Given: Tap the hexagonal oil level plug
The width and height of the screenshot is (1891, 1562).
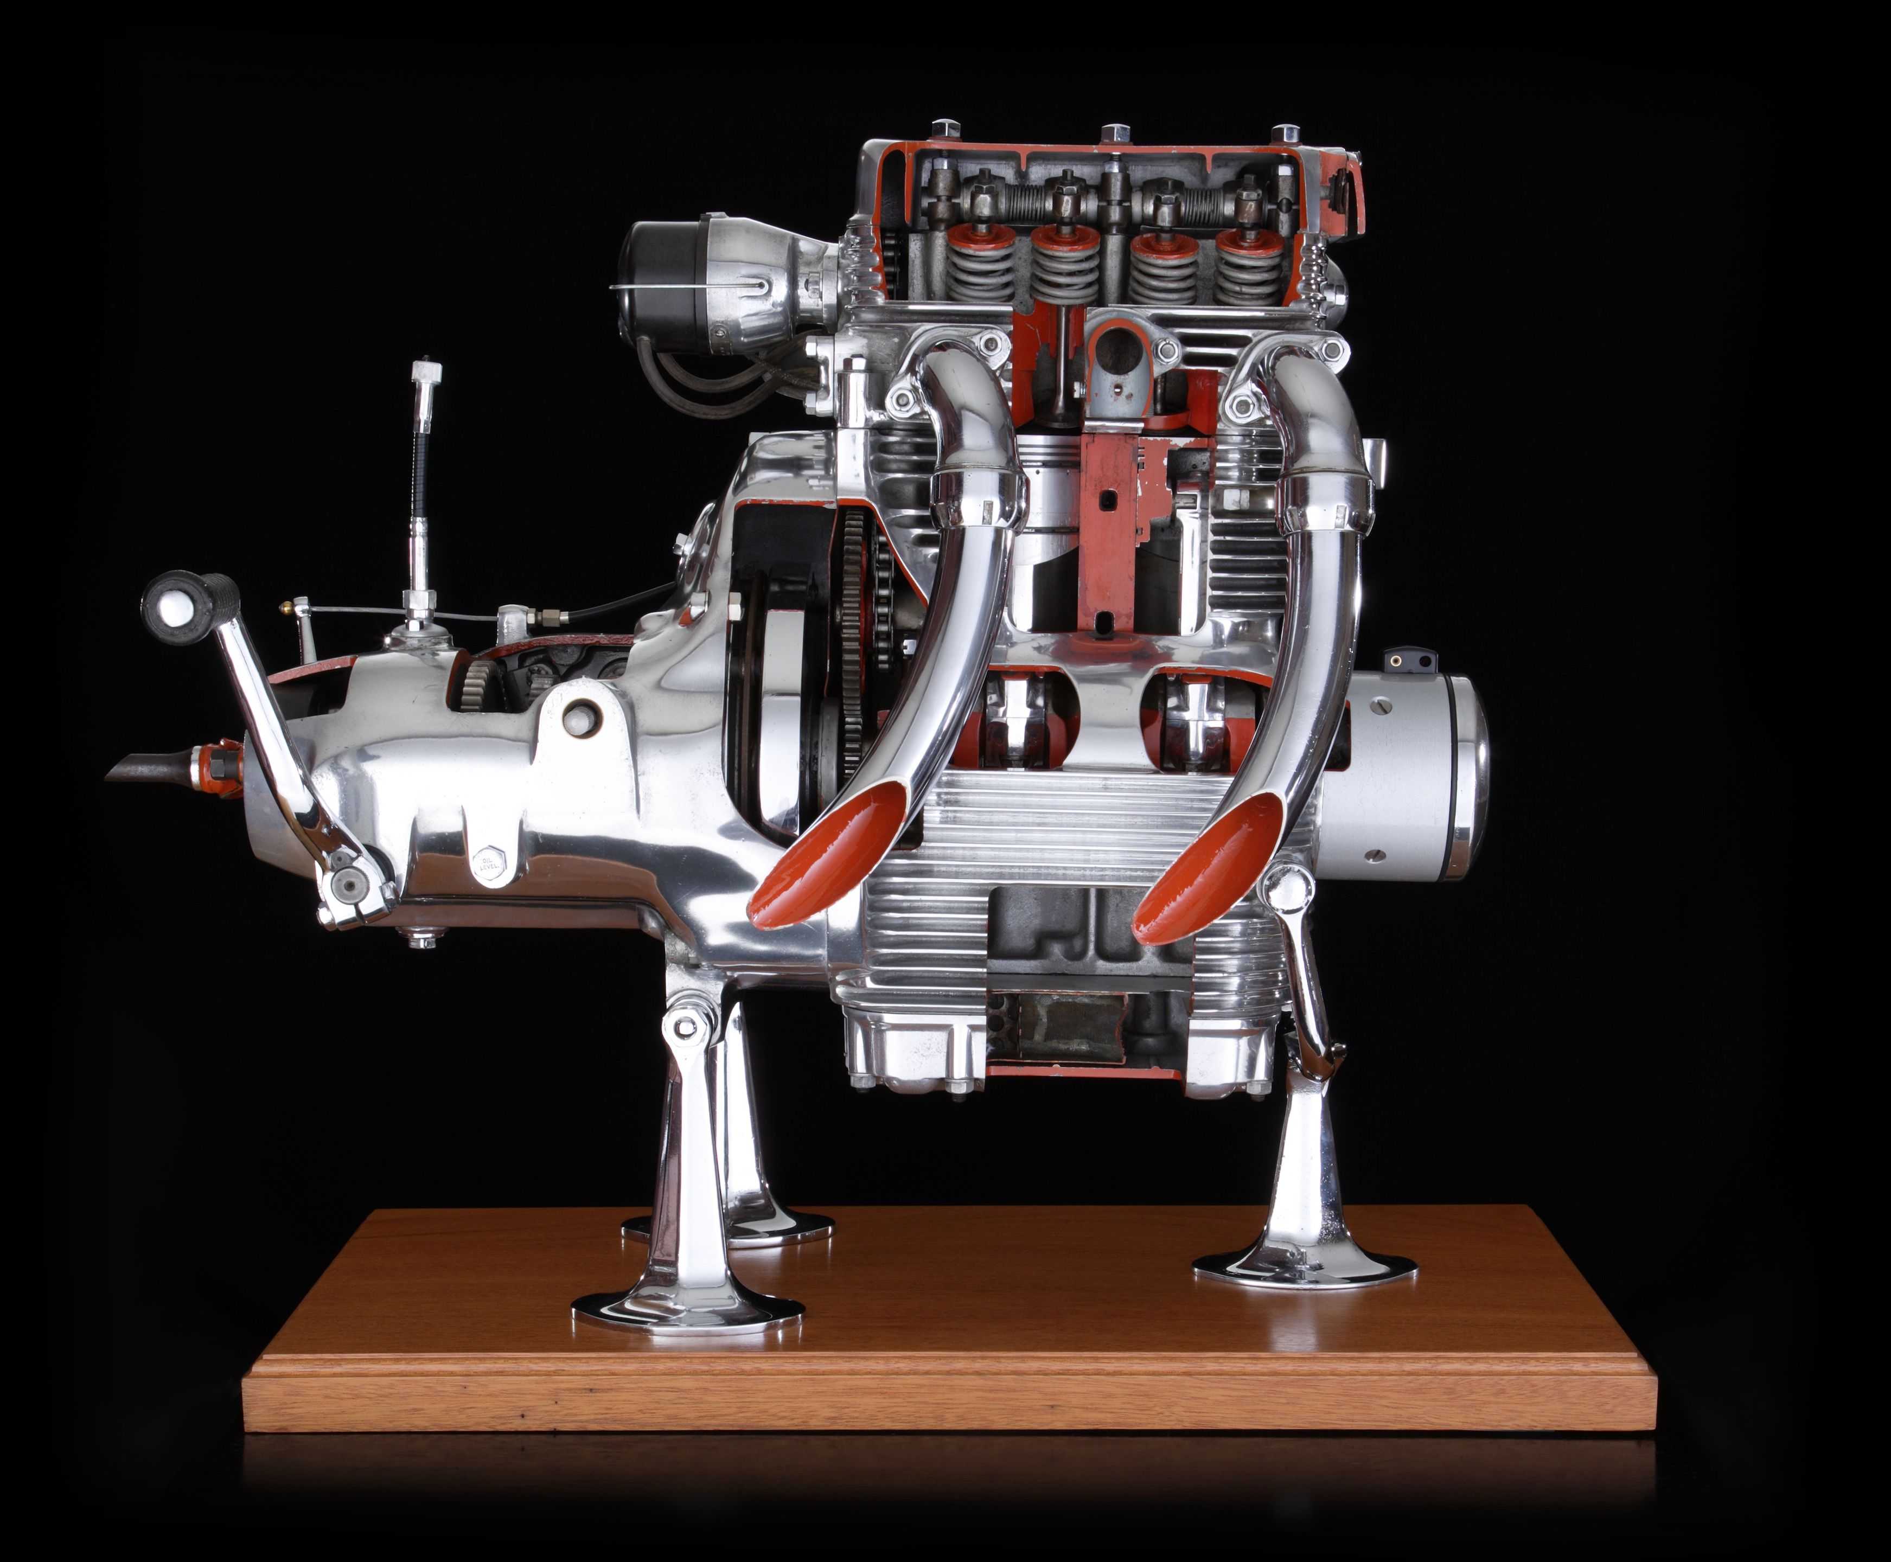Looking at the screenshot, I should (488, 865).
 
